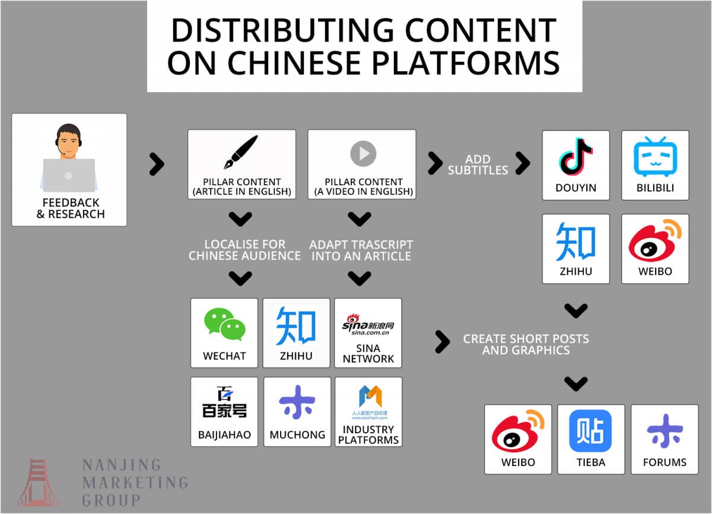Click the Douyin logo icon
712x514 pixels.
pos(576,157)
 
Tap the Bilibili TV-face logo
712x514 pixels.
pos(655,157)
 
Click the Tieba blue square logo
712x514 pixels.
pos(590,431)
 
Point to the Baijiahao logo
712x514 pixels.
pos(224,403)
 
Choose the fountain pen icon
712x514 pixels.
pos(241,153)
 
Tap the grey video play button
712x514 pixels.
pos(363,154)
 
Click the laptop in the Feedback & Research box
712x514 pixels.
pos(68,176)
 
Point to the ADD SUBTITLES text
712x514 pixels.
pos(478,164)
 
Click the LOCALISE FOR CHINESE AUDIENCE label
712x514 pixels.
pos(244,250)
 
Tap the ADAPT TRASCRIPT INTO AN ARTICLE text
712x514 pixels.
pos(361,250)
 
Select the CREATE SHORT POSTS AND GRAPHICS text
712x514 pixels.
pos(526,344)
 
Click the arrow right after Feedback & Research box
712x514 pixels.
pos(157,164)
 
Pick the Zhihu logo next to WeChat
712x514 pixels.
pos(295,326)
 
